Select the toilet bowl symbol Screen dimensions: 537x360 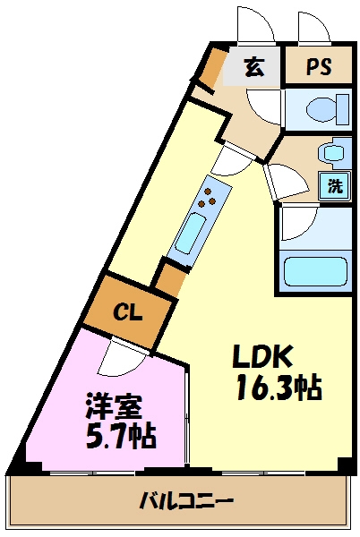[321, 110]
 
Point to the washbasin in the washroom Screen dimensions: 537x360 [333, 153]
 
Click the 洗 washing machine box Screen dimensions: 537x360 [334, 186]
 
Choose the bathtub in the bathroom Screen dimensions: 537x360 [314, 270]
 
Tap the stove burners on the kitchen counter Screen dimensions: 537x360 [209, 201]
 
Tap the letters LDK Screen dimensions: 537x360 [263, 356]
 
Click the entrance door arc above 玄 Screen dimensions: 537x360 [253, 24]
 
